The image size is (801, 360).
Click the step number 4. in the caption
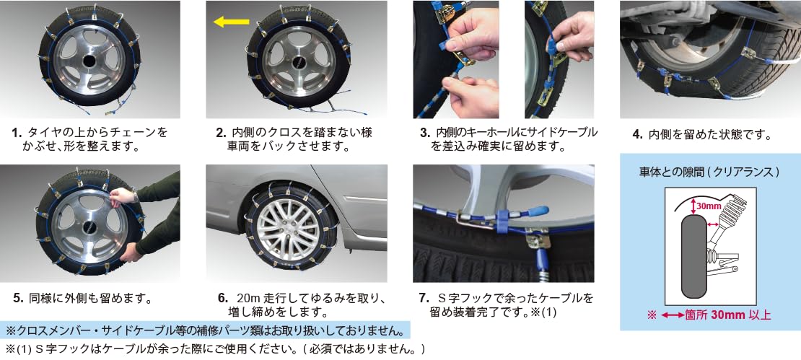[x=637, y=134]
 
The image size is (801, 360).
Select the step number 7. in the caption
[x=424, y=298]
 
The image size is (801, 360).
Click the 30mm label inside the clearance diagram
[x=708, y=206]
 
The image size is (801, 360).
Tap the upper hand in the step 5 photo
[x=123, y=196]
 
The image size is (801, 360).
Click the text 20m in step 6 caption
[x=248, y=298]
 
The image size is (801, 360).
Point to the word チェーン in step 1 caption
[x=126, y=133]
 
